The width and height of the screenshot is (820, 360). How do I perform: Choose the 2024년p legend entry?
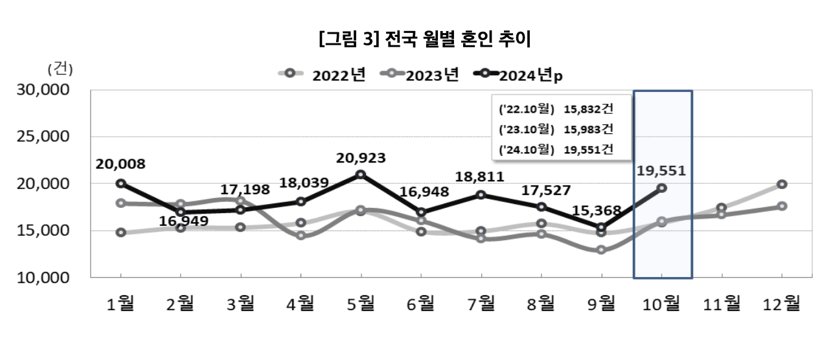pyautogui.click(x=518, y=74)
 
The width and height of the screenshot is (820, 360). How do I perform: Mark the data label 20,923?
pyautogui.click(x=361, y=157)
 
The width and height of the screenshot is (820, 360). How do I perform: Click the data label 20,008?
pyautogui.click(x=120, y=164)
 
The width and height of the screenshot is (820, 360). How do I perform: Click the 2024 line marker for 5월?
pyautogui.click(x=361, y=175)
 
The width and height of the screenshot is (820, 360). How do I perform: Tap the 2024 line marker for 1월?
pyautogui.click(x=121, y=184)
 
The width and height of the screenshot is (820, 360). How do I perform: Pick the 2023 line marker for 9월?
pyautogui.click(x=601, y=250)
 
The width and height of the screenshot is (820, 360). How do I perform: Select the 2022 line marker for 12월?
pyautogui.click(x=782, y=185)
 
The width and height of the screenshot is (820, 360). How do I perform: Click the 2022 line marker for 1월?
pyautogui.click(x=121, y=232)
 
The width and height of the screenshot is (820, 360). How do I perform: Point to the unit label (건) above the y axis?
pyautogui.click(x=60, y=69)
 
